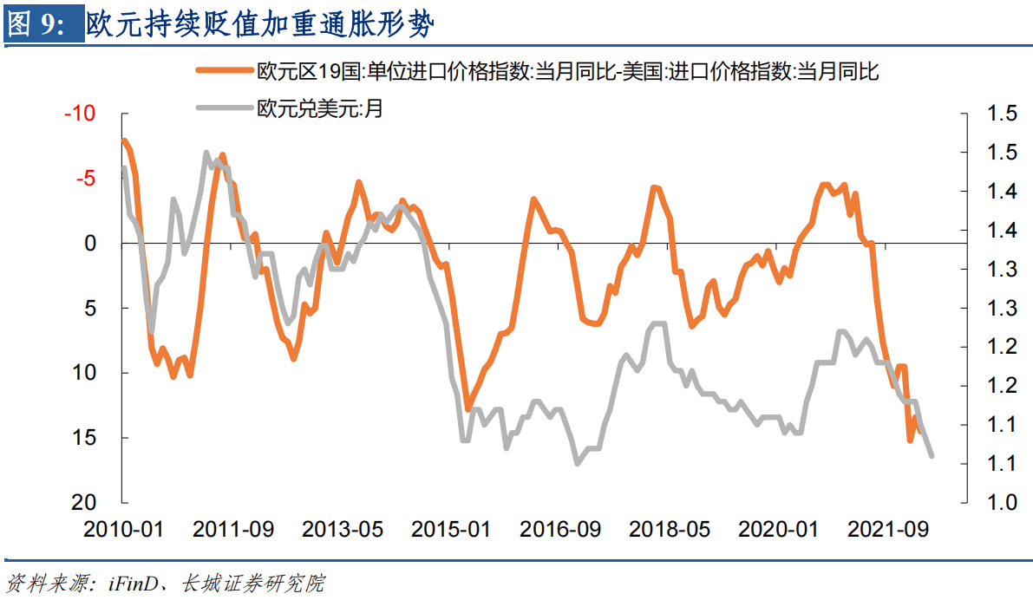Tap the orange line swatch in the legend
click(225, 71)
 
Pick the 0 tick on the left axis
click(90, 244)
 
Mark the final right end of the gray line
click(932, 455)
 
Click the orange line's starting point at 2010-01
click(124, 140)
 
